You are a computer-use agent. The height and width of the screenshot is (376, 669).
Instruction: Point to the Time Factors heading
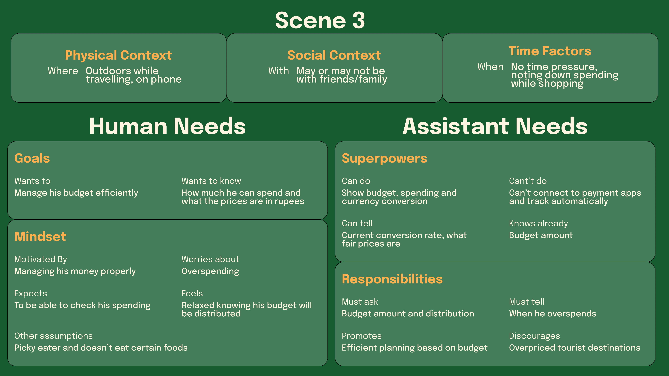550,51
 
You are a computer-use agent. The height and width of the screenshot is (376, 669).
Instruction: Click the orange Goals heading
32,158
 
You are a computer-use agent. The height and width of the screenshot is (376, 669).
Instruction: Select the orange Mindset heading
40,237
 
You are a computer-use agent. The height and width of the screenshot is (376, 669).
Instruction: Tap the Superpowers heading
384,158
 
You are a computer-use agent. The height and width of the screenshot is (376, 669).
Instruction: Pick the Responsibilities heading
392,279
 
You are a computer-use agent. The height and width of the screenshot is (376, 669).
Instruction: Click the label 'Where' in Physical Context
63,71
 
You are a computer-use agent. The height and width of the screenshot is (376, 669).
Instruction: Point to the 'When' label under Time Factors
490,67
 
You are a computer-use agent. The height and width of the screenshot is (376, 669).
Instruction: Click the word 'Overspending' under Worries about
210,271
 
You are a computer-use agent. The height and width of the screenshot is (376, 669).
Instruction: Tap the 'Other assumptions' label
54,336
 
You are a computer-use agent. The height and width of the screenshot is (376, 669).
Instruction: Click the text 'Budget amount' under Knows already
541,235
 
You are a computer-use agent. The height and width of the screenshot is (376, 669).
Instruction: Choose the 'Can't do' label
528,181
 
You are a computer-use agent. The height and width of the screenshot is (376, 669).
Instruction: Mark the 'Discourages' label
534,336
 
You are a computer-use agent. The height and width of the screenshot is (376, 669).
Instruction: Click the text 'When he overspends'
552,314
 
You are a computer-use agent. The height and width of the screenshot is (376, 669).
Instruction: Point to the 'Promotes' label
361,336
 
